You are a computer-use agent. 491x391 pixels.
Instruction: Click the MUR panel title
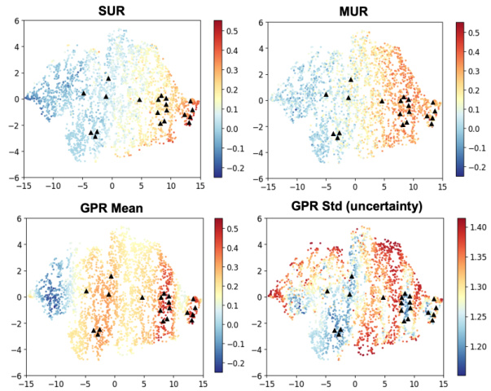pos(356,9)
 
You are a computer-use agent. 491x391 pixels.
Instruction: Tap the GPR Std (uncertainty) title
pos(357,206)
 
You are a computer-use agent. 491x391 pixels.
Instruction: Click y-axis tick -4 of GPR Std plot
pos(258,349)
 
